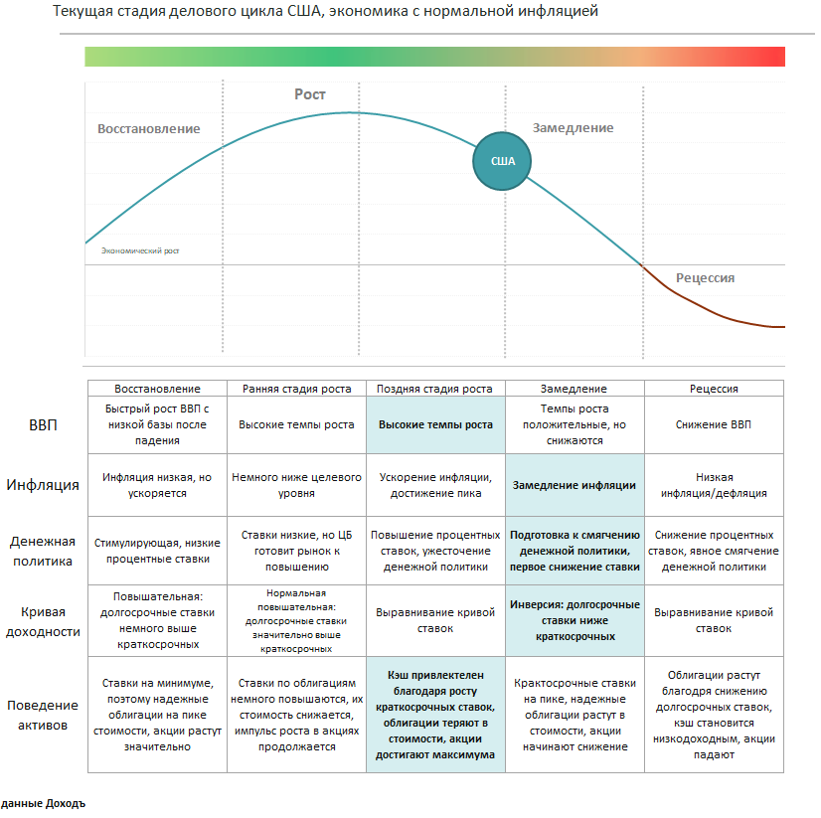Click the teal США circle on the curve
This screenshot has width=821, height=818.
point(502,161)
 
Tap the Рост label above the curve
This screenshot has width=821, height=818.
point(310,94)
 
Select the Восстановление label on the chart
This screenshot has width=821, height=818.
point(148,128)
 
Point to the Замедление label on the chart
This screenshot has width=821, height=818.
point(573,127)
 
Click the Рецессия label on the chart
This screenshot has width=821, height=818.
point(705,277)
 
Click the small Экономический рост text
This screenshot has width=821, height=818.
point(140,250)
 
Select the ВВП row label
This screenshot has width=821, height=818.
point(43,425)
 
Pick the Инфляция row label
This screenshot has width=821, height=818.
point(43,486)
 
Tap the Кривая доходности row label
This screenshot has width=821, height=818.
point(43,621)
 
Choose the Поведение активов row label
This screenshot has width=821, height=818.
point(43,715)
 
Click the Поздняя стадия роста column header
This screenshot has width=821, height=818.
point(435,389)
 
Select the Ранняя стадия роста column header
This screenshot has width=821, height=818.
point(296,389)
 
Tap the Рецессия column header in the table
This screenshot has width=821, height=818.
point(714,389)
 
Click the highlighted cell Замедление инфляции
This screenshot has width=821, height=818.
point(574,486)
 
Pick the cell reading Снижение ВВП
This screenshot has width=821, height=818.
point(714,424)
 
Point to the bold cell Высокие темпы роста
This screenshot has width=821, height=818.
point(435,424)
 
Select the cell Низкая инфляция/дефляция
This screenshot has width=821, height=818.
point(714,486)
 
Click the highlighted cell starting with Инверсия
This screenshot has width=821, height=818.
point(575,620)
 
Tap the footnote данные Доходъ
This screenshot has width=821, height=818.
point(43,803)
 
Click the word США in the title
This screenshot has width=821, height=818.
point(300,12)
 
